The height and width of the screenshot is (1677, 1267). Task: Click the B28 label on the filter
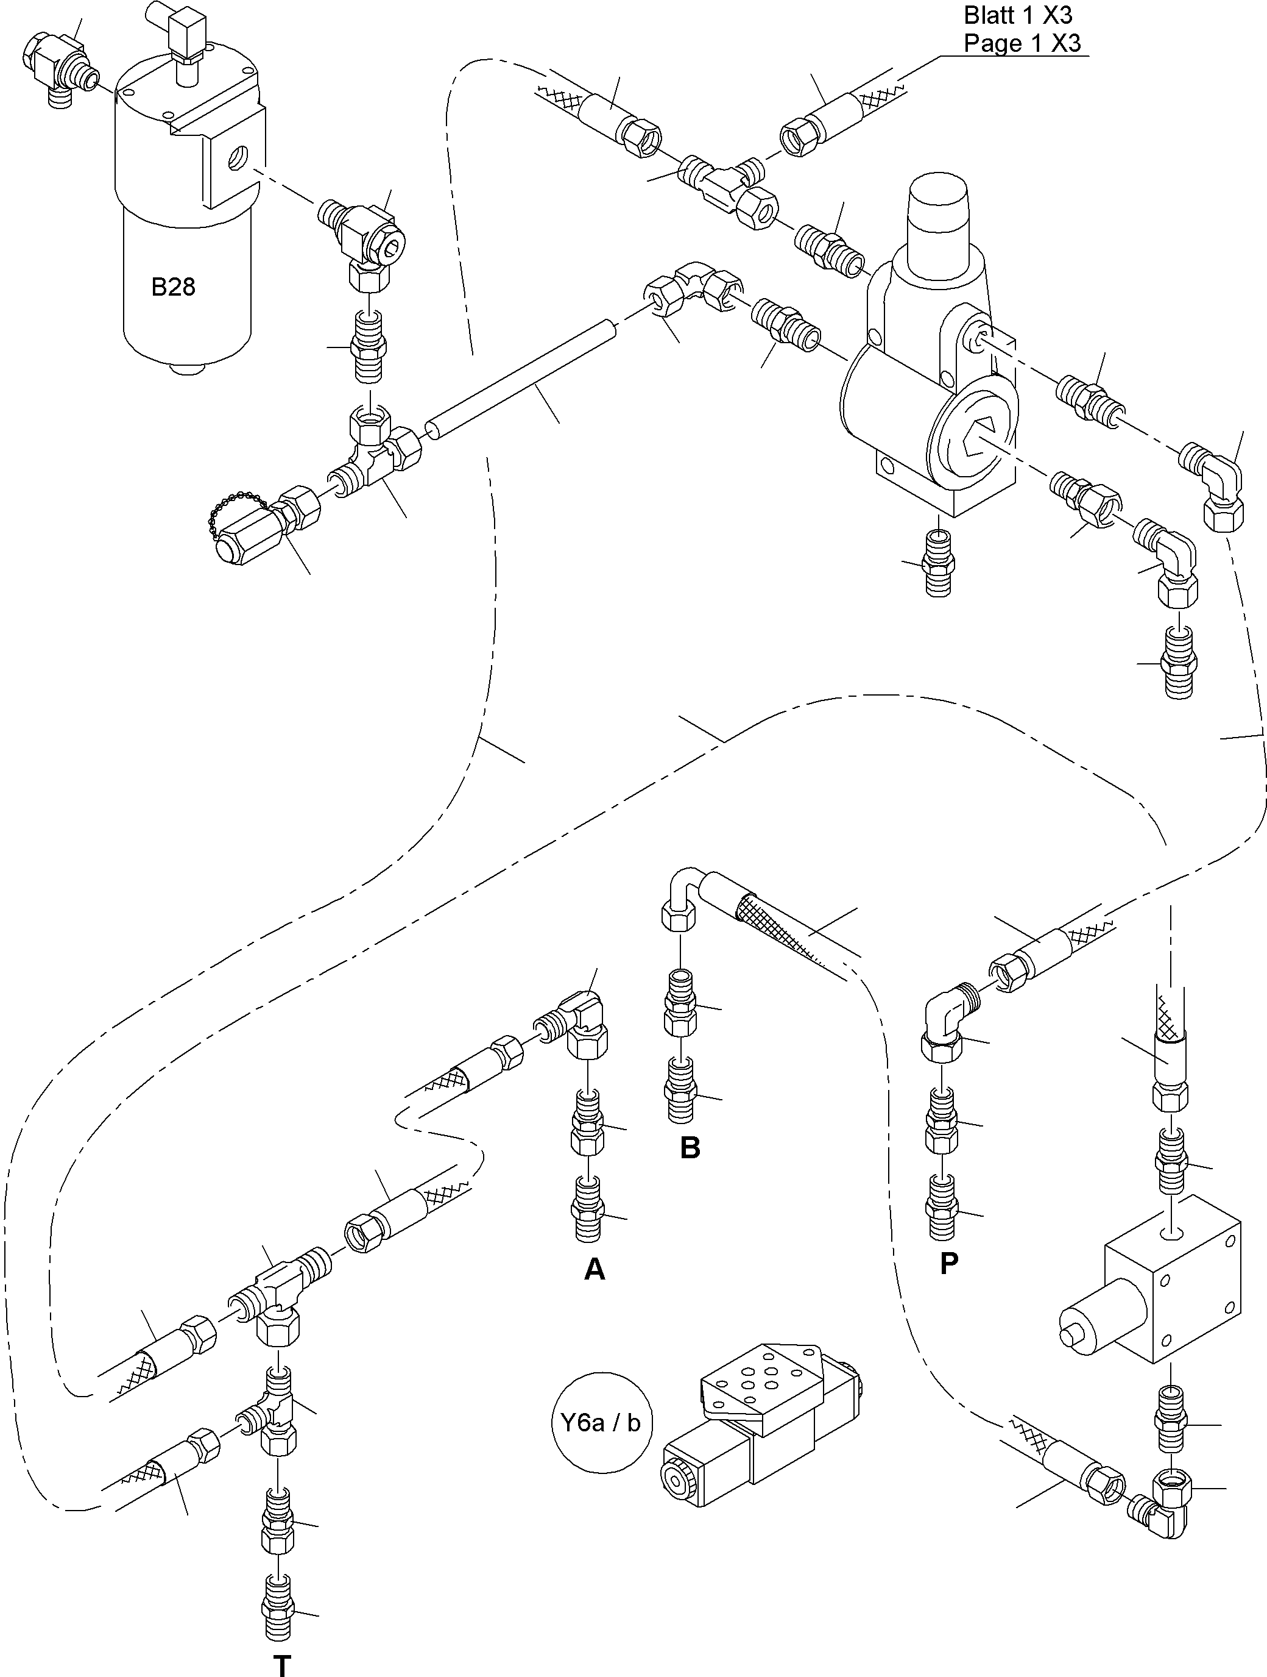(x=173, y=287)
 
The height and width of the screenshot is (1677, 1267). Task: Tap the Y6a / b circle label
(x=601, y=1423)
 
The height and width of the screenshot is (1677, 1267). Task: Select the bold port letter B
(x=690, y=1148)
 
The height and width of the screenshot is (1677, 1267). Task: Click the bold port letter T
(x=282, y=1665)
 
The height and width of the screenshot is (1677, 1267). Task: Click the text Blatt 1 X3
(x=1018, y=15)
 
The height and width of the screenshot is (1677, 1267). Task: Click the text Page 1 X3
(x=1022, y=43)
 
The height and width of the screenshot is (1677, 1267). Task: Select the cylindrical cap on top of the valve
(x=938, y=205)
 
